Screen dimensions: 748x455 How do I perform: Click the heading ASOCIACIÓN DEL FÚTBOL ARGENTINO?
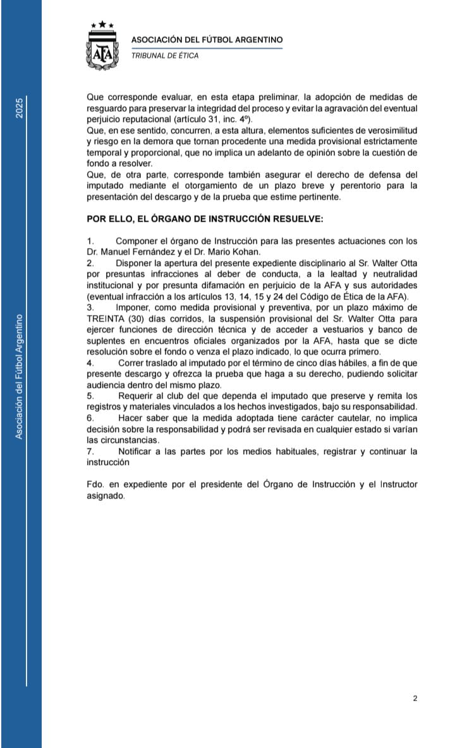[207, 39]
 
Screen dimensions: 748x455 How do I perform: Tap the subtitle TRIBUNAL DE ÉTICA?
[164, 56]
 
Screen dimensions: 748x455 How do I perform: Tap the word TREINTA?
[107, 319]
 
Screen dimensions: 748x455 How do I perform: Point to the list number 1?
[90, 241]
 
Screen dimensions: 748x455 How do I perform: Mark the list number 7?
[90, 451]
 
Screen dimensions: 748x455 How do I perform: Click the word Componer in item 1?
[139, 241]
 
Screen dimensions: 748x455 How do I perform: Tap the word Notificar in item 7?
[138, 451]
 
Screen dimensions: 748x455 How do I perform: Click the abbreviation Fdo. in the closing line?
[95, 485]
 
